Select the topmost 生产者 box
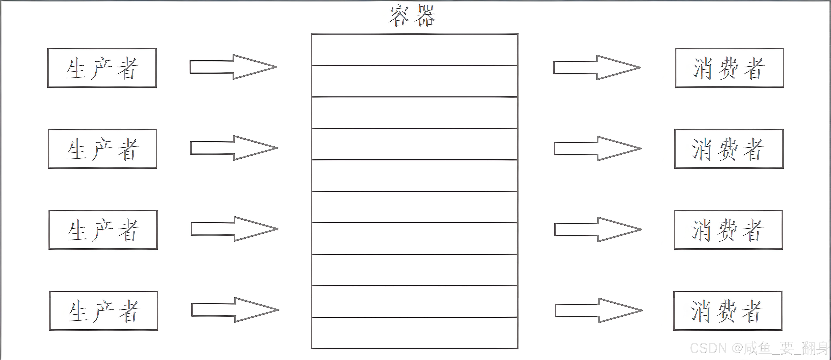coord(102,68)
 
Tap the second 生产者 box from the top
coord(103,149)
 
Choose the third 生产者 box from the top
coord(103,230)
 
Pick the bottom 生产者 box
coord(104,311)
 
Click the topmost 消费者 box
coord(729,68)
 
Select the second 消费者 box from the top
coord(729,149)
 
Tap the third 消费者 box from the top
coord(728,230)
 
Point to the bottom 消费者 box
coord(727,311)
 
